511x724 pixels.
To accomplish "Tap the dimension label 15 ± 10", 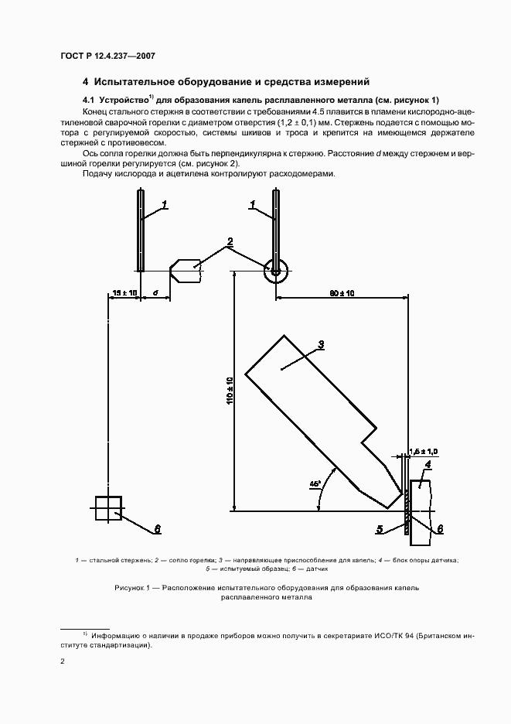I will click(x=124, y=293).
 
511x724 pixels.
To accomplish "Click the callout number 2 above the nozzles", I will click(x=230, y=242).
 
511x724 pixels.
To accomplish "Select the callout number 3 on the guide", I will click(x=321, y=345).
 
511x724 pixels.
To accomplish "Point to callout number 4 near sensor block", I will click(x=427, y=464).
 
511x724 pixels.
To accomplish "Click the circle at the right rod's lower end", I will click(x=275, y=271).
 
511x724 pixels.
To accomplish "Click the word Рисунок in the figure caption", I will click(x=131, y=588).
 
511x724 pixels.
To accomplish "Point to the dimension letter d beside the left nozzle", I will click(x=155, y=293).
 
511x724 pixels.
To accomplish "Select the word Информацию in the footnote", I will click(x=118, y=635).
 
